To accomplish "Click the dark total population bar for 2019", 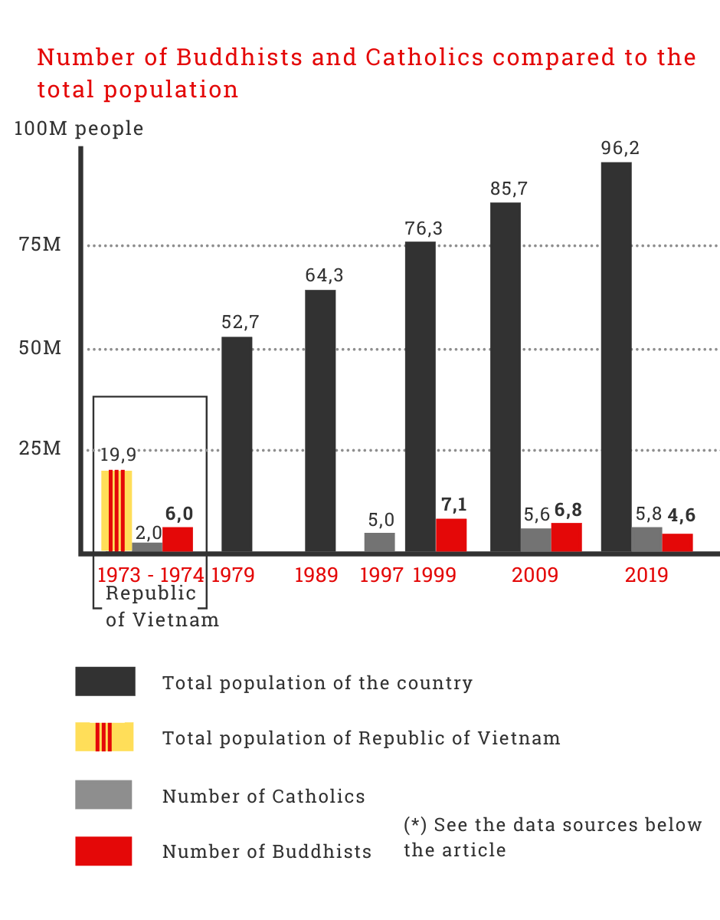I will tap(616, 356).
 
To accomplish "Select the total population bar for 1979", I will tap(237, 444).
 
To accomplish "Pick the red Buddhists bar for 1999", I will tap(451, 534).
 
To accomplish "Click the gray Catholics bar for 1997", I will tap(379, 542).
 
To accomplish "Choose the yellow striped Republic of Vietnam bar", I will tap(116, 511).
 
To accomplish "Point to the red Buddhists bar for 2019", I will tap(677, 542).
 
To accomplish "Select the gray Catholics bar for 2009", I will tap(535, 540).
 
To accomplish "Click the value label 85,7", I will tap(509, 189).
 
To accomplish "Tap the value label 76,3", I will tap(424, 228).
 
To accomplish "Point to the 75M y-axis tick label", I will tap(40, 245).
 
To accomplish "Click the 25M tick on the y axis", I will tap(40, 449).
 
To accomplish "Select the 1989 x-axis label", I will tap(316, 575).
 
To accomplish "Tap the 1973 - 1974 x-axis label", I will tap(151, 575).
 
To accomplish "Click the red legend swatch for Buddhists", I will tap(103, 851).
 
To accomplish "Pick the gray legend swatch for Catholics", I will tap(103, 795).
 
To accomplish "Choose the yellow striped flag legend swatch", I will tap(104, 737).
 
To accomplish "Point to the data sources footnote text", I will tap(552, 837).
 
